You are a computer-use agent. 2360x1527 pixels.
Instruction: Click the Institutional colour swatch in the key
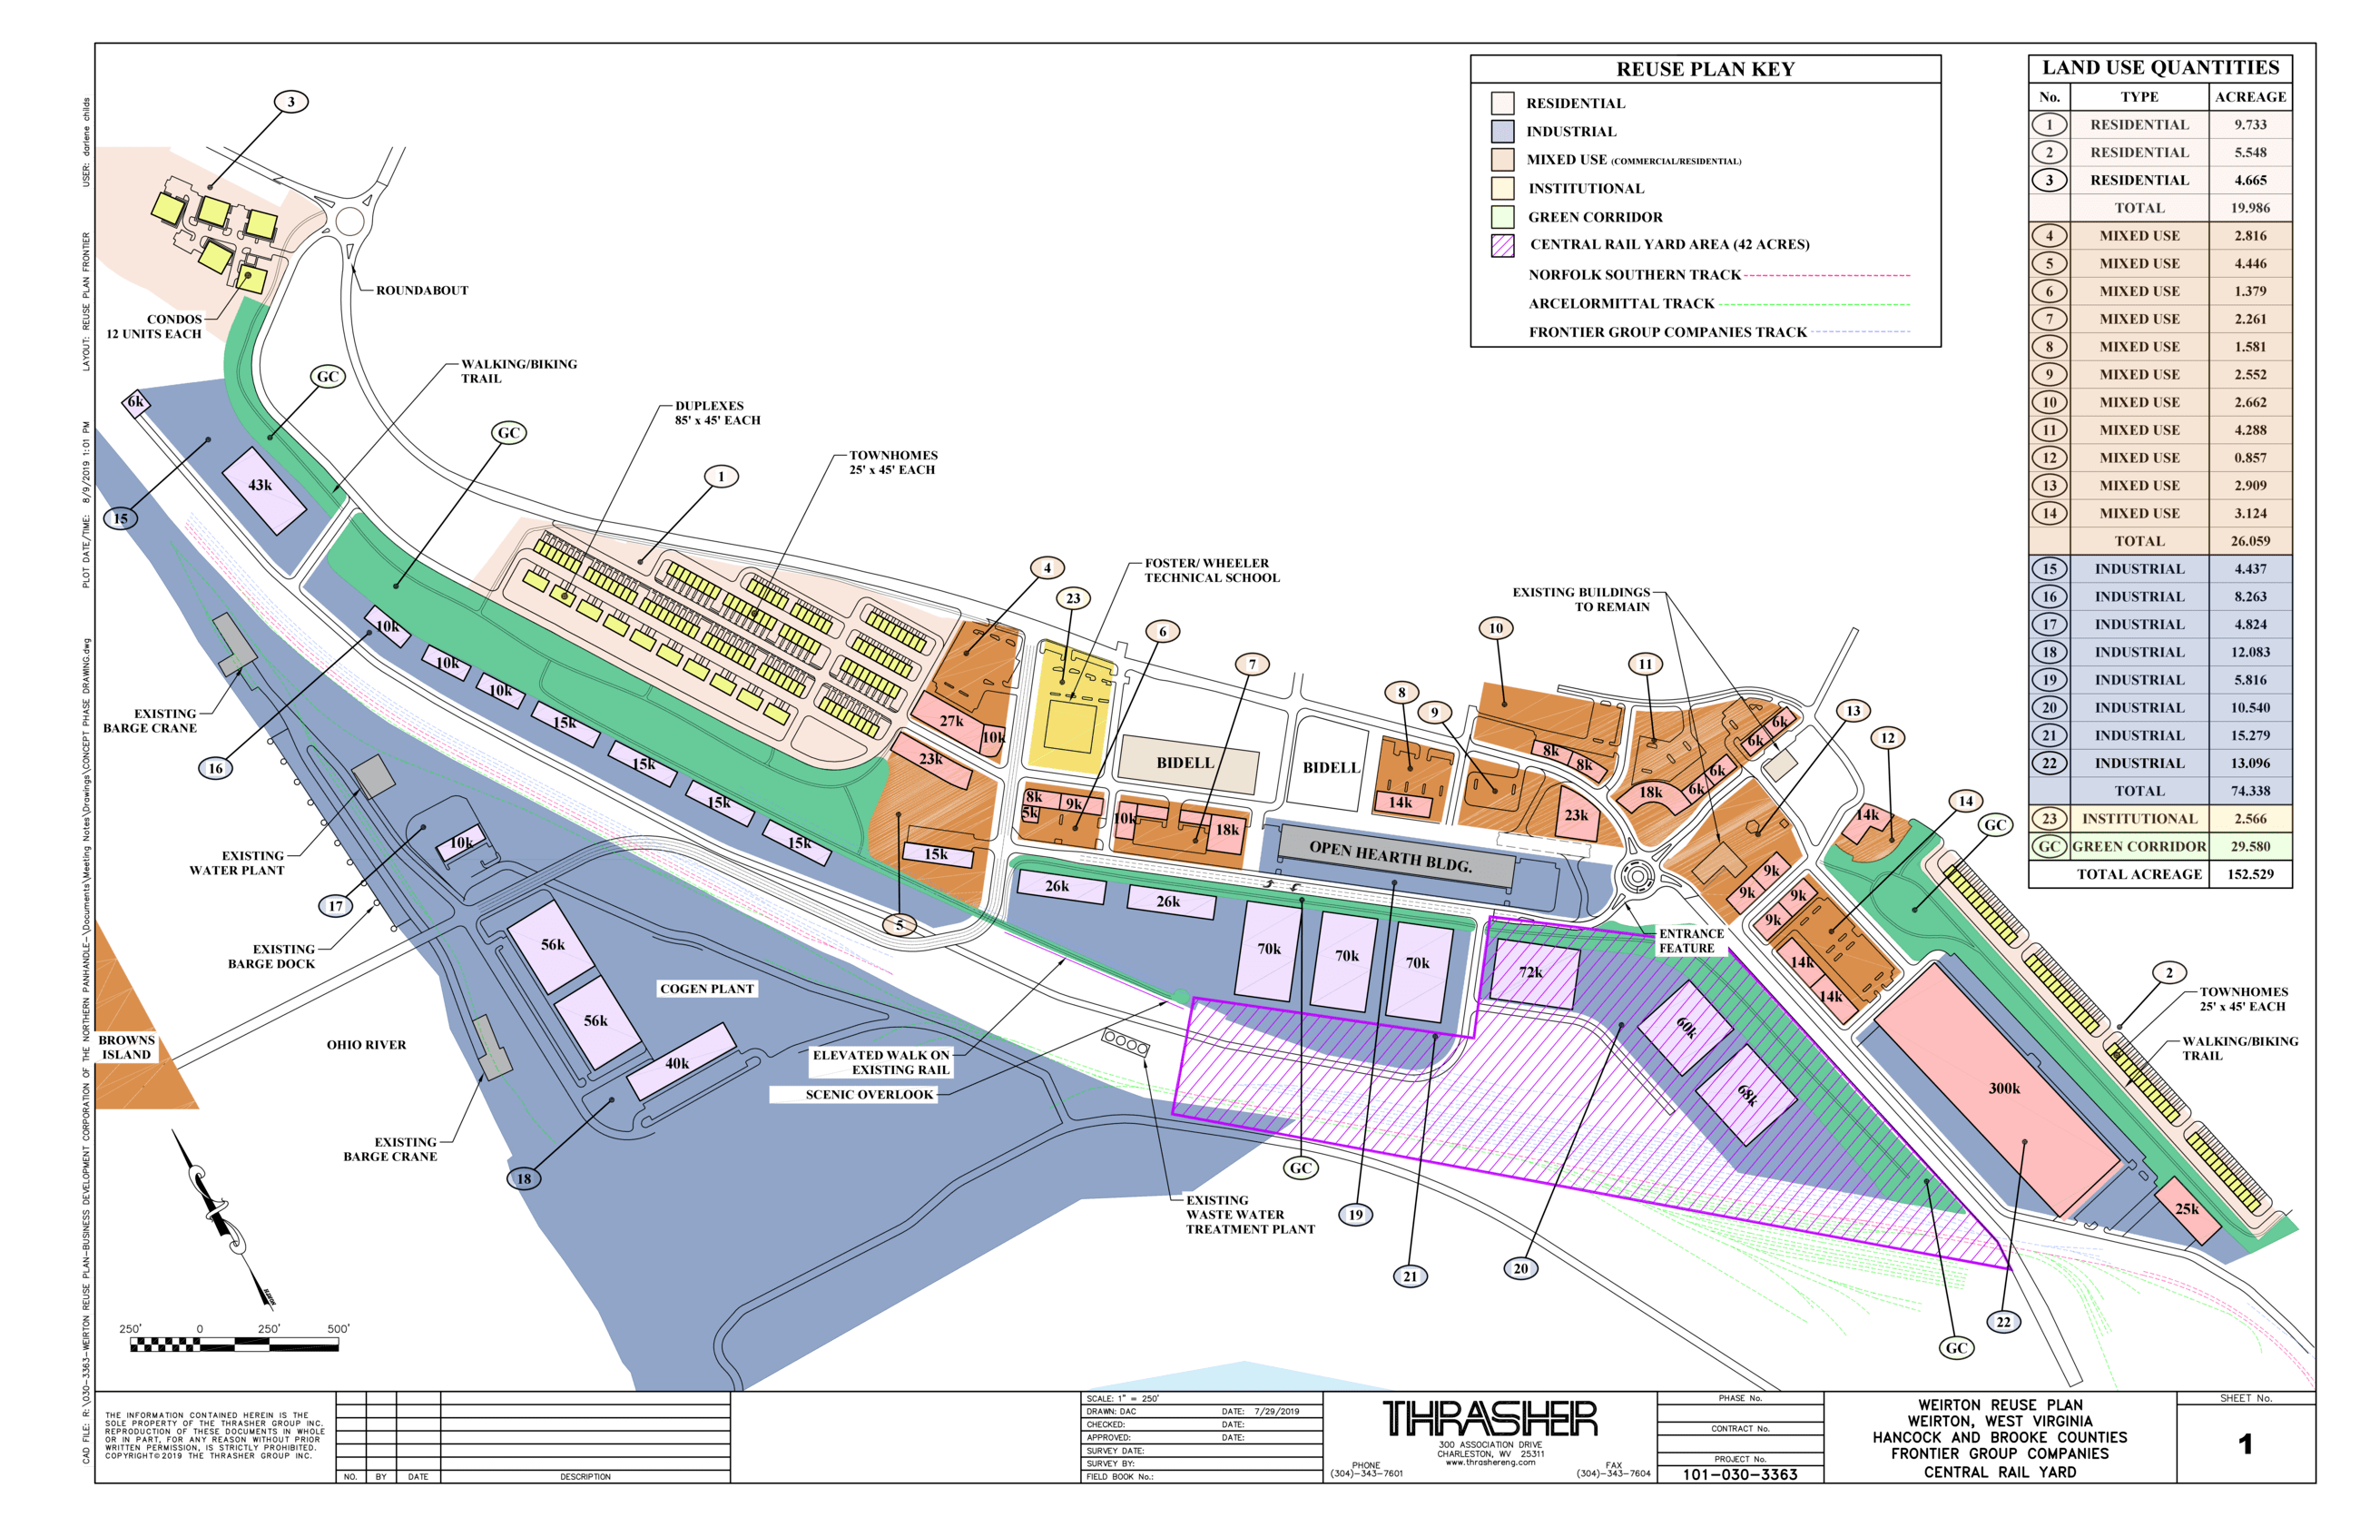[1502, 189]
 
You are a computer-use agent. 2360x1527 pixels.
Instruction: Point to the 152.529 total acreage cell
[2250, 874]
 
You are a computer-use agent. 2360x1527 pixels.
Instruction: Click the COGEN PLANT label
[707, 989]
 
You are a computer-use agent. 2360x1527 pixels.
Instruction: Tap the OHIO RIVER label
[367, 1045]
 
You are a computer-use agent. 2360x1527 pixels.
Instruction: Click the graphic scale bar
[234, 1345]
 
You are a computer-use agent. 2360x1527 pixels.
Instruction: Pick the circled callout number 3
[291, 101]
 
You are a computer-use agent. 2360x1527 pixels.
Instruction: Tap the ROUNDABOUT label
[422, 291]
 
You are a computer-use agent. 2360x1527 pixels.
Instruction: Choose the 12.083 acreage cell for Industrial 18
[2250, 653]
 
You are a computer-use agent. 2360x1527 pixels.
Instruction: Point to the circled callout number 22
[2003, 1322]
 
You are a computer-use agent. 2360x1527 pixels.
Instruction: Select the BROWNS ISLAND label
[127, 1047]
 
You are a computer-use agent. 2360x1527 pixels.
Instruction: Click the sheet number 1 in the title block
[2245, 1444]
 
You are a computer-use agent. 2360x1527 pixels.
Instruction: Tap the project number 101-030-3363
[1739, 1474]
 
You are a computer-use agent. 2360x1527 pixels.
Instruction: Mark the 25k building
[2186, 1209]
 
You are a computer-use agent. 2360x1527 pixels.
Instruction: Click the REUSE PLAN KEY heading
[1705, 69]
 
